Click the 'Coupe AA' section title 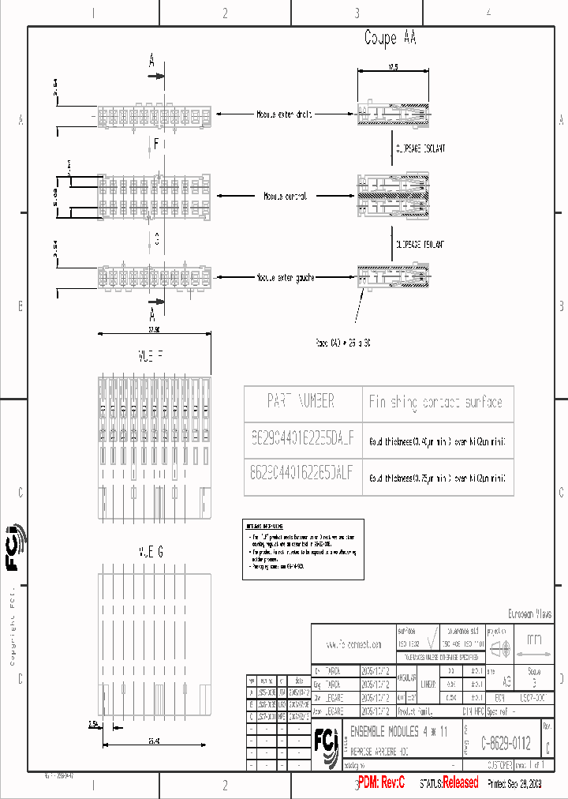(x=390, y=37)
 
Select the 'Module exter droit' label (x=284, y=114)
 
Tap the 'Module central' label (x=285, y=196)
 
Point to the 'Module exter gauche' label (x=285, y=277)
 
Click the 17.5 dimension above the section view (x=392, y=68)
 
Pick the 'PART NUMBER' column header (x=301, y=401)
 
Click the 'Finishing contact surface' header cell (x=435, y=402)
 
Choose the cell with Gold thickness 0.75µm (x=436, y=478)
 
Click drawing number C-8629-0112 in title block (x=506, y=742)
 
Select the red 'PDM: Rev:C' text (x=381, y=782)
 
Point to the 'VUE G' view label (x=151, y=552)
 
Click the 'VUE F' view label (x=151, y=356)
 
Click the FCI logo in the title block (x=326, y=741)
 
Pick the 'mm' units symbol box (x=534, y=640)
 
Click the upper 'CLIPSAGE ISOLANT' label (x=420, y=148)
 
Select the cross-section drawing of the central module (x=392, y=195)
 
